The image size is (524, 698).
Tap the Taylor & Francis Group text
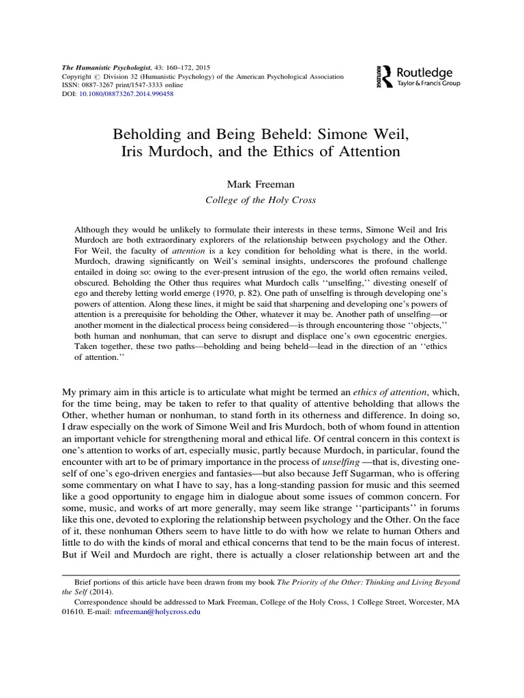click(428, 83)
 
